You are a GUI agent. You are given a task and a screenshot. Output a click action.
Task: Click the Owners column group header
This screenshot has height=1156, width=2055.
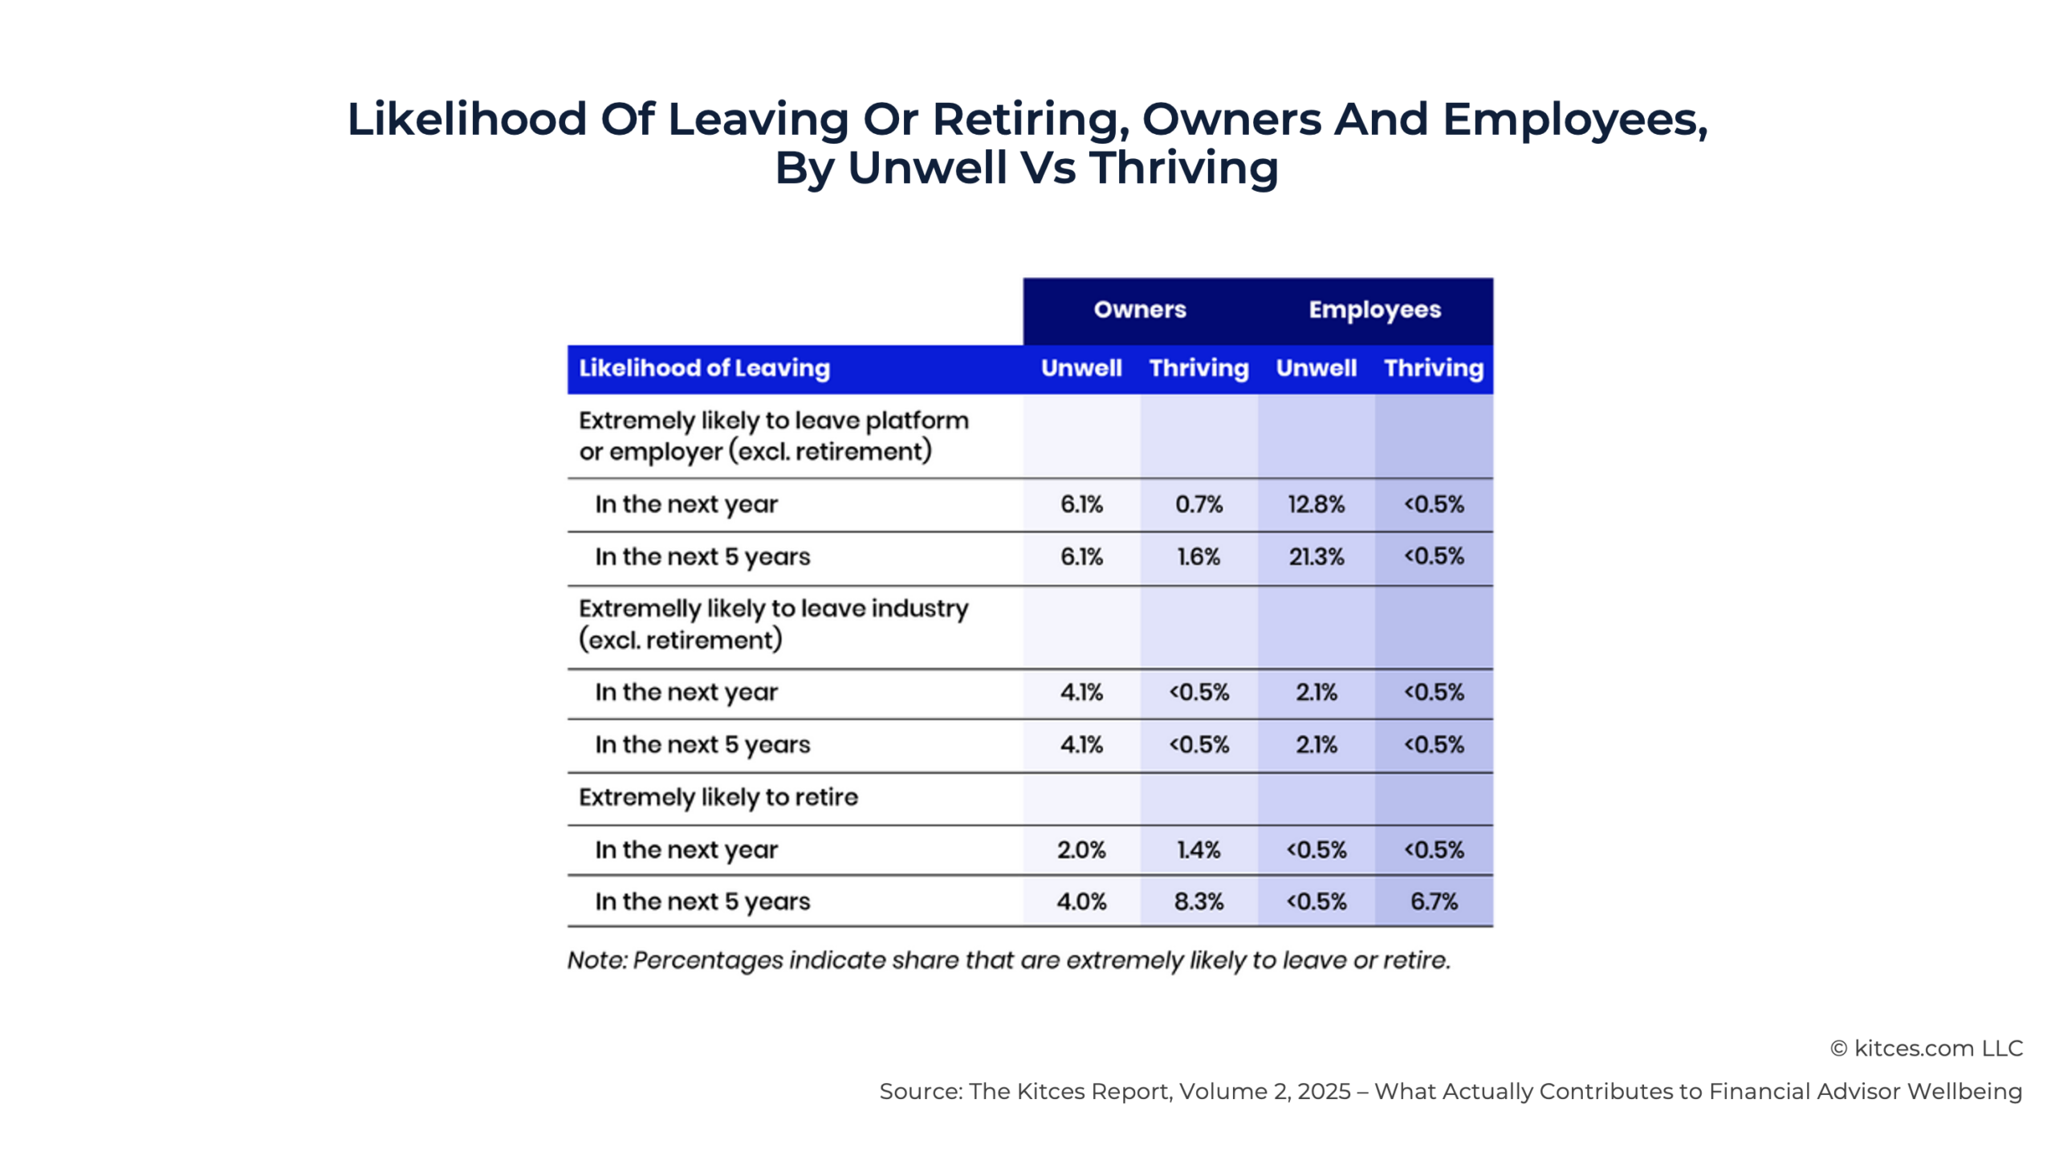pos(1139,309)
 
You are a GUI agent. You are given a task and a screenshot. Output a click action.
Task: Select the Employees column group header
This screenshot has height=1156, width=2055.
pos(1374,309)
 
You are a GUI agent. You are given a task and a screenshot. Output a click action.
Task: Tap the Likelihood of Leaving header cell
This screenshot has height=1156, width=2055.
pos(704,368)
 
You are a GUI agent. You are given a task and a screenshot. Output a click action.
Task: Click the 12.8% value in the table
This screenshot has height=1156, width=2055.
pos(1316,504)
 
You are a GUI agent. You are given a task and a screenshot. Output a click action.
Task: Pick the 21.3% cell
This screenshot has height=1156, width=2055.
pos(1316,556)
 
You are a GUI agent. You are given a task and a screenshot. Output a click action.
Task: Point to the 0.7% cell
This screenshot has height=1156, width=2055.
pos(1198,504)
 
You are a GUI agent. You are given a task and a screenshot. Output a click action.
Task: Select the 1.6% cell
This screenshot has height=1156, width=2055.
pos(1198,556)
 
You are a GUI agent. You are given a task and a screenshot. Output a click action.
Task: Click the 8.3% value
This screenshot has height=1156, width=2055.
pos(1198,902)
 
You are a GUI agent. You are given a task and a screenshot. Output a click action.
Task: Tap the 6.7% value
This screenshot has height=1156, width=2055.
pos(1434,902)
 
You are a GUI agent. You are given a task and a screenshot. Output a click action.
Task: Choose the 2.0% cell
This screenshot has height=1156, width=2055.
pos(1081,849)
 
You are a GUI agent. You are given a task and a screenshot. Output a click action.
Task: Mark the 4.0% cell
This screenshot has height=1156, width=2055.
pos(1081,902)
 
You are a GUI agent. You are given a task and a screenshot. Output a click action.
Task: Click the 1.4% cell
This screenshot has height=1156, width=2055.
pos(1198,849)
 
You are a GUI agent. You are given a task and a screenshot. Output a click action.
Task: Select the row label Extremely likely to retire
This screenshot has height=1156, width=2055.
pos(718,797)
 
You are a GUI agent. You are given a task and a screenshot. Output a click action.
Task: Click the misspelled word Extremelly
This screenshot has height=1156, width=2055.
pos(639,609)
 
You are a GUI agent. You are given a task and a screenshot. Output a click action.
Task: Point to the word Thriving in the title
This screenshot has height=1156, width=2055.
pos(1183,168)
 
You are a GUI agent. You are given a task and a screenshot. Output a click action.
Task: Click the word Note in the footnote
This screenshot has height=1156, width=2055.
pos(596,960)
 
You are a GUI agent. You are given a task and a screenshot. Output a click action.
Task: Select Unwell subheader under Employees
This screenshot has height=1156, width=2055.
pos(1316,368)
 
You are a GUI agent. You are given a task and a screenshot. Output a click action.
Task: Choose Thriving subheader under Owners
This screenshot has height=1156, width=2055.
pos(1198,368)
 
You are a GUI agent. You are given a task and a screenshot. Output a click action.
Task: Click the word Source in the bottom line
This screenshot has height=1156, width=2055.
pos(920,1092)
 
